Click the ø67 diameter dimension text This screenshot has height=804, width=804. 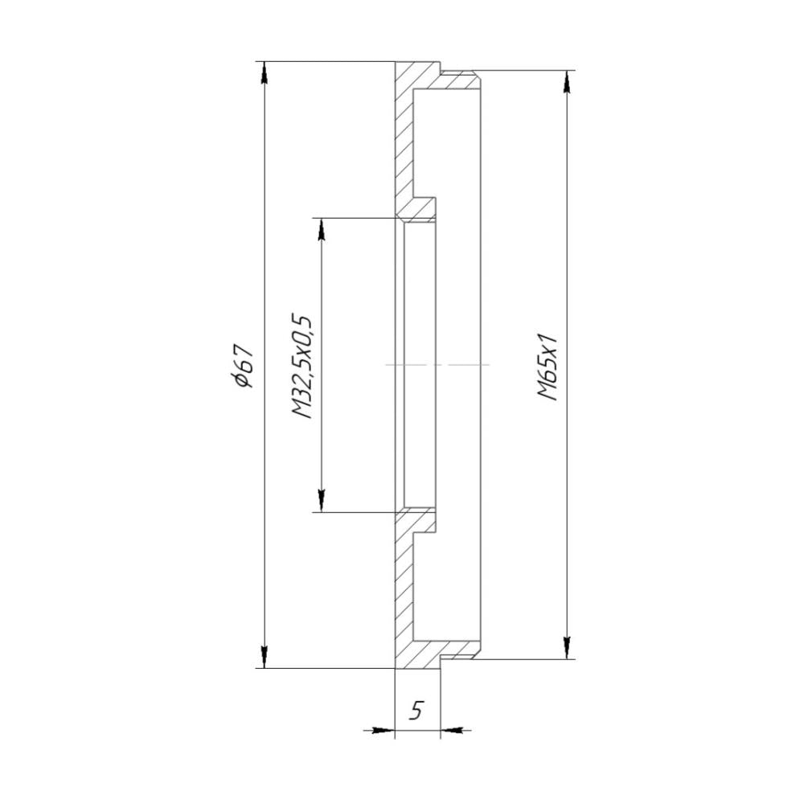(x=241, y=366)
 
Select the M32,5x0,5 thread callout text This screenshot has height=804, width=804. (x=302, y=366)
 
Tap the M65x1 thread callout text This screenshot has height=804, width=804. (x=548, y=366)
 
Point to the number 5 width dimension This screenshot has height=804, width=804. (x=416, y=711)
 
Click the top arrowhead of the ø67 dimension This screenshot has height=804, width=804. (x=265, y=72)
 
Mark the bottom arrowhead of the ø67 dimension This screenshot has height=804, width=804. (x=265, y=657)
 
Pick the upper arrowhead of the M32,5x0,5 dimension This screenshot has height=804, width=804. (x=321, y=228)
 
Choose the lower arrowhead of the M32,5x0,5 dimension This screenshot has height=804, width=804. (x=321, y=501)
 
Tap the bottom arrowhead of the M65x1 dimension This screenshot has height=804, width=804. (x=568, y=647)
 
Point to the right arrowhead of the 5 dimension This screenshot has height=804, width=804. (x=452, y=730)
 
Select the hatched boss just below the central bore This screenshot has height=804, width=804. (x=418, y=521)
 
